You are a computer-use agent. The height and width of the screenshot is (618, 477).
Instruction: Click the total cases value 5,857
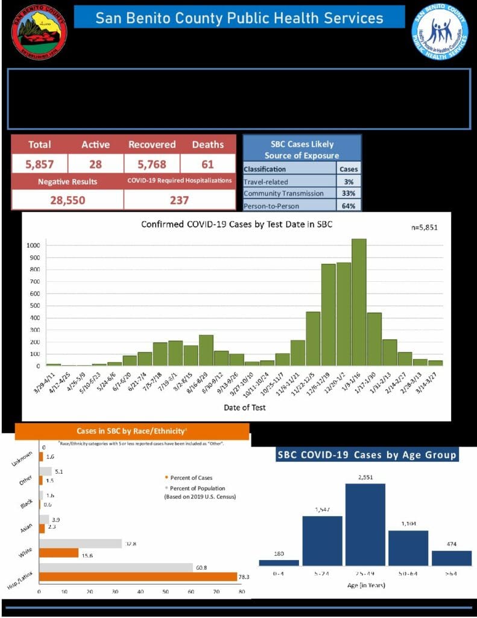(39, 163)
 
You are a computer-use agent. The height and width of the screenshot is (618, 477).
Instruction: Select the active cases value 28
(95, 163)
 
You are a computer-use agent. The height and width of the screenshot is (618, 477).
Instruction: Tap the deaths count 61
(207, 163)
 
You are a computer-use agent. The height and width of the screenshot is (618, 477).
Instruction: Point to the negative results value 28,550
(67, 200)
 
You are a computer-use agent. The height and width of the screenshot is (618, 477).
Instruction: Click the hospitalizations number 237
(178, 200)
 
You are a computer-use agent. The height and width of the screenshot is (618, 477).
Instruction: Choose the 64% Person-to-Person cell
(349, 205)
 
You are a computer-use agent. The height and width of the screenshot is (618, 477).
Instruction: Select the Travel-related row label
(266, 181)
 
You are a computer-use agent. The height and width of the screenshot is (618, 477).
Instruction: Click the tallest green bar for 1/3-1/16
(359, 302)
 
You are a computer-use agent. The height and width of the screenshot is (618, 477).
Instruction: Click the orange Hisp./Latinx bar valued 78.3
(138, 577)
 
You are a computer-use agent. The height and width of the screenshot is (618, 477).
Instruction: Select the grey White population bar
(80, 543)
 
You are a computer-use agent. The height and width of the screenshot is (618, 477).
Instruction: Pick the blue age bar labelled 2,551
(365, 524)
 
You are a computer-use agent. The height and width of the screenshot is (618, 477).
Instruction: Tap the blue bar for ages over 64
(452, 558)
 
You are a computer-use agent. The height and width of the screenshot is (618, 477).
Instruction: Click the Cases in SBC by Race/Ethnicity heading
(132, 431)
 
